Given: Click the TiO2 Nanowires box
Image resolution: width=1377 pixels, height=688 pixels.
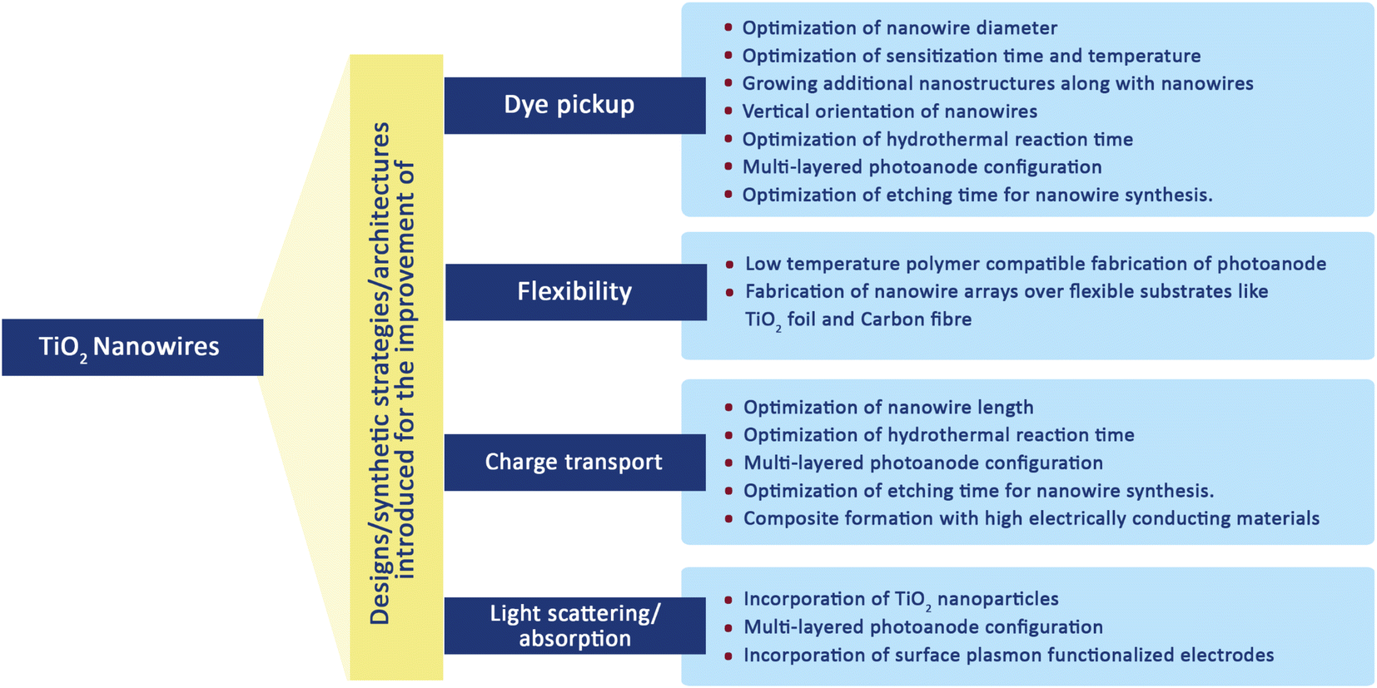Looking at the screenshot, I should tap(132, 347).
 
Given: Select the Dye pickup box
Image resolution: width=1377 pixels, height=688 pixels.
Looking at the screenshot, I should tap(574, 105).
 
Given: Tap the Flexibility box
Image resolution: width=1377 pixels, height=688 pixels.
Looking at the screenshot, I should tap(575, 292).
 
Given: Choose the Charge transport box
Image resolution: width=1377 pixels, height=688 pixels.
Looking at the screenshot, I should tap(574, 462).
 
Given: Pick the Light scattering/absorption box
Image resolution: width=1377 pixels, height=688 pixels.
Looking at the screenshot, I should tap(574, 626).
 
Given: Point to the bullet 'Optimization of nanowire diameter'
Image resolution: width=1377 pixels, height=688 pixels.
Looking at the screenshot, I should tap(899, 28).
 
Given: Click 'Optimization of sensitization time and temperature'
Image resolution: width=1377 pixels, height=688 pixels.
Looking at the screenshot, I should tap(971, 56).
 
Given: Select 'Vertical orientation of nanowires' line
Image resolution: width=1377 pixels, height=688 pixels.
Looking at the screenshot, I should tap(889, 111).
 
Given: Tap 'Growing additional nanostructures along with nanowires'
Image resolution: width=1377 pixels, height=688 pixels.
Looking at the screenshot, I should tap(997, 84).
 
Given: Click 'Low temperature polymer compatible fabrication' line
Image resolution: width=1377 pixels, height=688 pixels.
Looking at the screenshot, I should tap(1035, 264).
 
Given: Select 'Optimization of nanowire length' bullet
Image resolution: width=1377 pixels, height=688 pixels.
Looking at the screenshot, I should tap(888, 408).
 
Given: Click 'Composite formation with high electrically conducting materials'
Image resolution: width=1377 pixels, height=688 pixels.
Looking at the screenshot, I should tap(1031, 519).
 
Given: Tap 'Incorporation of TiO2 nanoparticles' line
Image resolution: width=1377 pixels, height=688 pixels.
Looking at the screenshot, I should tap(901, 600).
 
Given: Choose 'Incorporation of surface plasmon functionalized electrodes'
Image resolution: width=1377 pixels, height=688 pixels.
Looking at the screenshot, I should tap(1008, 656).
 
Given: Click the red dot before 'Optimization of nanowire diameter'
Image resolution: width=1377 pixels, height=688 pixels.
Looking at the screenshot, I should tap(728, 27).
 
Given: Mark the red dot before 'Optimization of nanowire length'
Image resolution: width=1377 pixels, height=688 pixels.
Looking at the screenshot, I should tap(729, 408).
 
